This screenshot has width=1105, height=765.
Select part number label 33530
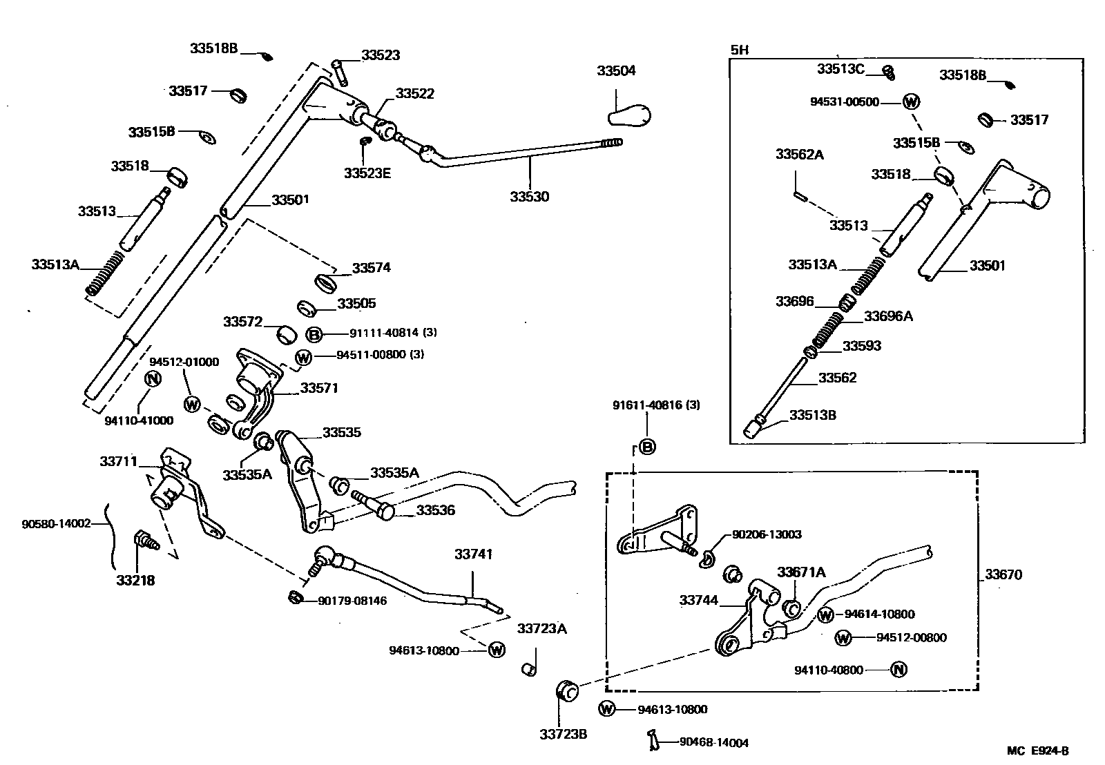click(x=530, y=197)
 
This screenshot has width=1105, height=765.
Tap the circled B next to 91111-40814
click(x=314, y=335)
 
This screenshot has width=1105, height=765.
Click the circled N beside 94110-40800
click(x=898, y=669)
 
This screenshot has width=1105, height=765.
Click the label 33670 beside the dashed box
click(x=1003, y=574)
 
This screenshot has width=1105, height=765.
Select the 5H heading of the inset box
click(x=739, y=50)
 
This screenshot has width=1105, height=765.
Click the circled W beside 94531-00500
click(x=912, y=102)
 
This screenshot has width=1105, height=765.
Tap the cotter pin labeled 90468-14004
click(x=652, y=739)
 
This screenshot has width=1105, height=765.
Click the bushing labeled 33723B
click(x=566, y=690)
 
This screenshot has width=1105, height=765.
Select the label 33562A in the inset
click(x=799, y=155)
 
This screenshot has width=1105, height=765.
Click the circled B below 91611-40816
click(x=647, y=447)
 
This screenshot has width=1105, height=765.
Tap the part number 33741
click(x=473, y=554)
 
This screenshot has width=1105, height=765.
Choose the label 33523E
click(x=367, y=173)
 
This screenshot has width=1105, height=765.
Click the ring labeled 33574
click(x=325, y=282)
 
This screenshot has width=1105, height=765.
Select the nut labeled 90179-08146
click(x=296, y=597)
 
